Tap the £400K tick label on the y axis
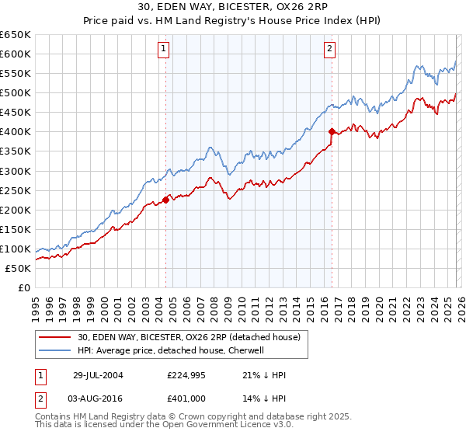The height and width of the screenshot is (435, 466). [16, 132]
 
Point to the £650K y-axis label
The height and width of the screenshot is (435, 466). [16, 35]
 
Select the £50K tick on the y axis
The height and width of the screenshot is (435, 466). [18, 268]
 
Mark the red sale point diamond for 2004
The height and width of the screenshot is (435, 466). [166, 200]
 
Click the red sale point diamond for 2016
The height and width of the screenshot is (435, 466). [332, 132]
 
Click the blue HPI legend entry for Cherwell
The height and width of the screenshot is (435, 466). [171, 351]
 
